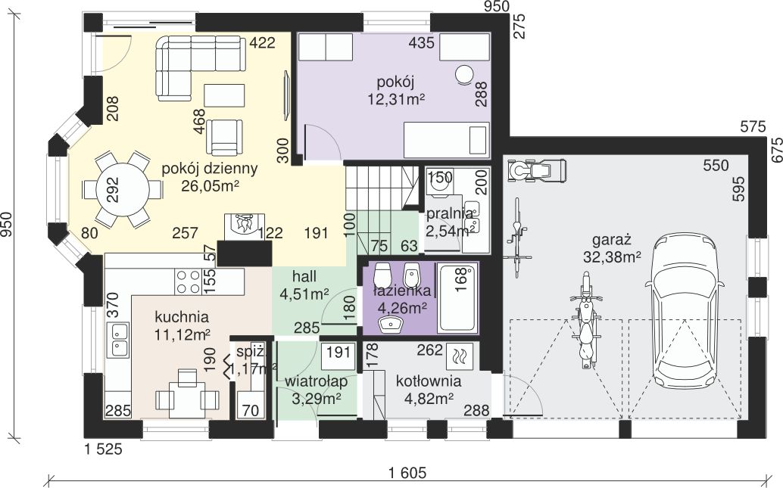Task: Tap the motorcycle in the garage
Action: [586, 320]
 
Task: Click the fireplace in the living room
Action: [244, 227]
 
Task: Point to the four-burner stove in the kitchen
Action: [189, 281]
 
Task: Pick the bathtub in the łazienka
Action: [457, 298]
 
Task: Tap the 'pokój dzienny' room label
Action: [209, 169]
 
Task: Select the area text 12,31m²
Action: [396, 99]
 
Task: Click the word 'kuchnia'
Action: [182, 317]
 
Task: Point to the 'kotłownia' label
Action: [428, 382]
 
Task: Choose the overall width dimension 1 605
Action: [407, 472]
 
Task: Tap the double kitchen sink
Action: [117, 339]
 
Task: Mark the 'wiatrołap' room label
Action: [316, 382]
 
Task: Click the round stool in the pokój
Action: [464, 75]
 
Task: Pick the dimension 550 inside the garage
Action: [716, 165]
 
